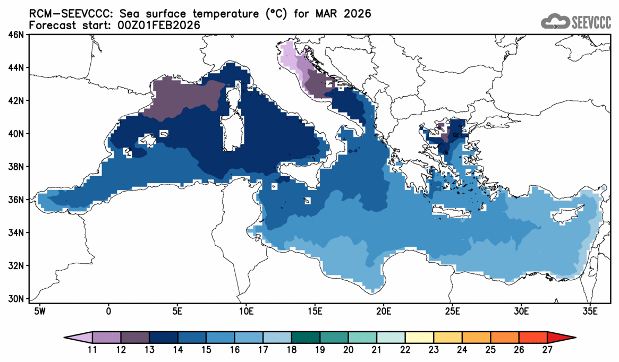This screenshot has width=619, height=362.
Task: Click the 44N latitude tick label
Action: point(16,68)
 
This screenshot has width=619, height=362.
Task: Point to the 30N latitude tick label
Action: point(16,299)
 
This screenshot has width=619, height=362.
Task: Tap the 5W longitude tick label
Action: point(38,311)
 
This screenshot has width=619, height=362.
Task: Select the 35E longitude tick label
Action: point(590,311)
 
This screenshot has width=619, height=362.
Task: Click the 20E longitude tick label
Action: point(383,311)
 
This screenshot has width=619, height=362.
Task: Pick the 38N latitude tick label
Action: point(16,167)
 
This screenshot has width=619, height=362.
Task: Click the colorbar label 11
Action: point(92,349)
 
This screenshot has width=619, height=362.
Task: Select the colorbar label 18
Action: point(292,349)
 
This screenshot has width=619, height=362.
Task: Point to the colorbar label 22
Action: point(405,349)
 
